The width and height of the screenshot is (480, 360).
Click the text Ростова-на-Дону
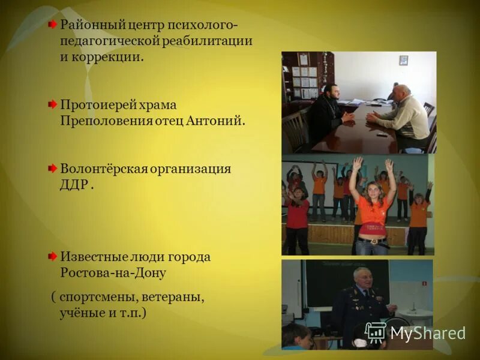(x=113, y=272)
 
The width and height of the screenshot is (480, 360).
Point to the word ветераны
(x=179, y=297)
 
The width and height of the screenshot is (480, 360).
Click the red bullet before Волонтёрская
(x=53, y=169)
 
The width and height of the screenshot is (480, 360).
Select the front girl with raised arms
(x=373, y=207)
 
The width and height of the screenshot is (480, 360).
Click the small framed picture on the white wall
(x=404, y=60)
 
